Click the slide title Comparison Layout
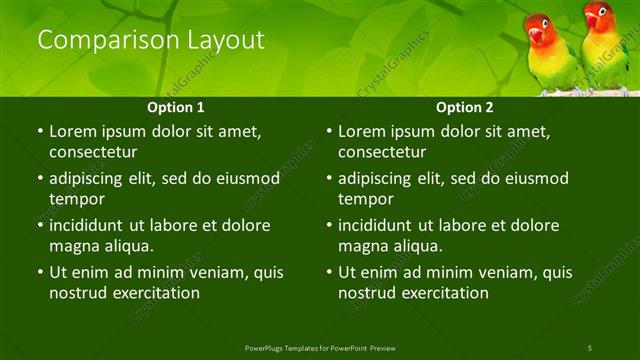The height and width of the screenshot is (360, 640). [x=151, y=40]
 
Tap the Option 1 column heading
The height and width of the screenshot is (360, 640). [x=176, y=107]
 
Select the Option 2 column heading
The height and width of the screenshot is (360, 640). [x=465, y=107]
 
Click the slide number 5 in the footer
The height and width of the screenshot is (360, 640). [x=590, y=347]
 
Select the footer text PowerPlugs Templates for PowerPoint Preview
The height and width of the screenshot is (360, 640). [x=320, y=347]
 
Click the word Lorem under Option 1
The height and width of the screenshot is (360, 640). [x=72, y=131]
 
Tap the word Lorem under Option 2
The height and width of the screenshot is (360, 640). [x=361, y=131]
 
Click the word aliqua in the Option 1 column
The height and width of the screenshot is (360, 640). [x=127, y=246]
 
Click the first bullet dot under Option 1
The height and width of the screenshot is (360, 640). [x=40, y=131]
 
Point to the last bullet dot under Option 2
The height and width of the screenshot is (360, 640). [x=329, y=272]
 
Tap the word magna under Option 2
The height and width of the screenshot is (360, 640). [x=362, y=246]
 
